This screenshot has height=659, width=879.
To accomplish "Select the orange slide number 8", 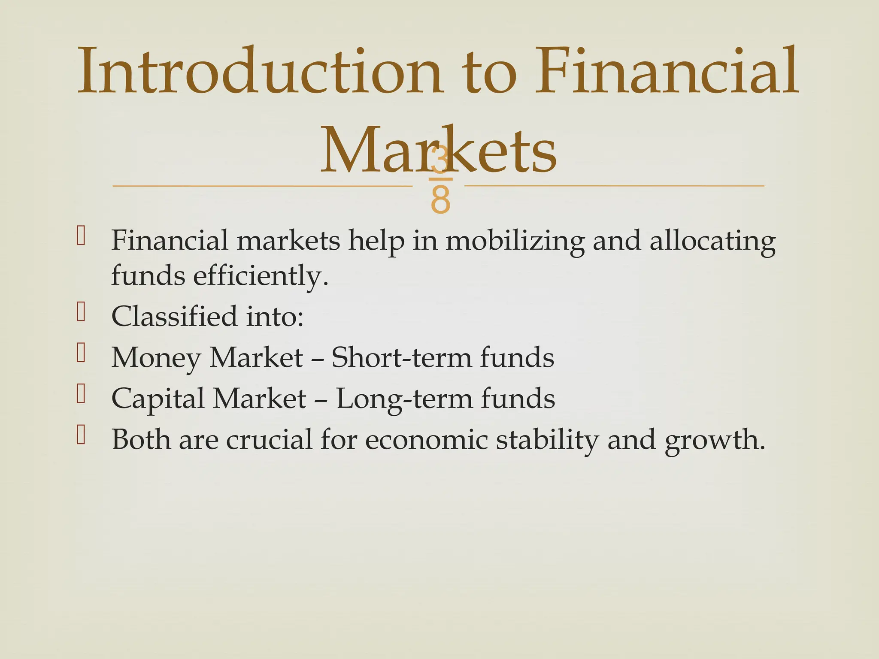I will pos(441,200).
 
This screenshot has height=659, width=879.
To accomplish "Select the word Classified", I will pos(174,316).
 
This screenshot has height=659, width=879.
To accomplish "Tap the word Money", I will pos(155,358).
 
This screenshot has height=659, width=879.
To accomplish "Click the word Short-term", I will pos(401,357).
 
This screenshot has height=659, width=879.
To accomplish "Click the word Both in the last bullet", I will pos(141,439).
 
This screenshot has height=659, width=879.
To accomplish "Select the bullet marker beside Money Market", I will pos(81,353).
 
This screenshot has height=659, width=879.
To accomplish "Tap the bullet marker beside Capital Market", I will pos(81,393).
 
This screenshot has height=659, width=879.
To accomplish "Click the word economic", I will pos(427,439).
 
